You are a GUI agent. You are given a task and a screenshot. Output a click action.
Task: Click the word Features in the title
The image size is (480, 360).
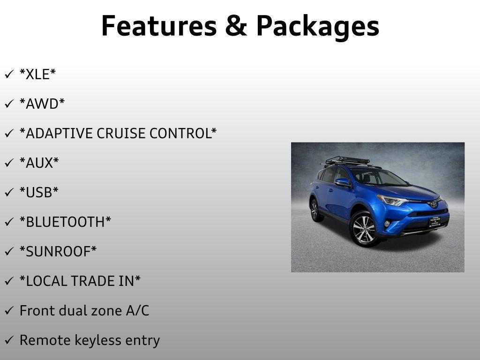coord(158,26)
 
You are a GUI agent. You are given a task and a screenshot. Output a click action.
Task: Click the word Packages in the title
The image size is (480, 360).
coord(317,27)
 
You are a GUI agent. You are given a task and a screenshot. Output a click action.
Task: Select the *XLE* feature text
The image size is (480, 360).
coord(37,74)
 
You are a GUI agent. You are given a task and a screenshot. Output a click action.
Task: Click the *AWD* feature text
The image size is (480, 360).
coord(42,104)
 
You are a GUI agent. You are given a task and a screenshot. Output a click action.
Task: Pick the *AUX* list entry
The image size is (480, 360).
coord(39,163)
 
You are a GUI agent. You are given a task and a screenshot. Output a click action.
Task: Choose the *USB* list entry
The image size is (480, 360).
coord(39,192)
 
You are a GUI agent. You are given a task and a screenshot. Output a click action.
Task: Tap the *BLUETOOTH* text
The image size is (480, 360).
coord(65,222)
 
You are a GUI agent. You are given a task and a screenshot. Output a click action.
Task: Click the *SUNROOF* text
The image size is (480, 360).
coord(58,251)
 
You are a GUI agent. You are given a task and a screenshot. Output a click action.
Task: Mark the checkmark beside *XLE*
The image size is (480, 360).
coord(8,75)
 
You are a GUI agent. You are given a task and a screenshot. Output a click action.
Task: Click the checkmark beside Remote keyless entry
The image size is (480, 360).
coord(8,340)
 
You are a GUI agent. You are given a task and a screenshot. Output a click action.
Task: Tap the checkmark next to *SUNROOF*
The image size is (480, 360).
coord(8,252)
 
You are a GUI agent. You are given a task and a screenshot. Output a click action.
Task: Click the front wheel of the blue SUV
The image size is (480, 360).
coord(363,229)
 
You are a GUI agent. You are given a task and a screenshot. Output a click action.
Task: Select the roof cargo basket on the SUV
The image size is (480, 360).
coord(347,161)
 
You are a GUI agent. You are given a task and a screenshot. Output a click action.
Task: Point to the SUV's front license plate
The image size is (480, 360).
coord(435,221)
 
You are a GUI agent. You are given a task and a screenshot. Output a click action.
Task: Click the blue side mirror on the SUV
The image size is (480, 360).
coord(342,181)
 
